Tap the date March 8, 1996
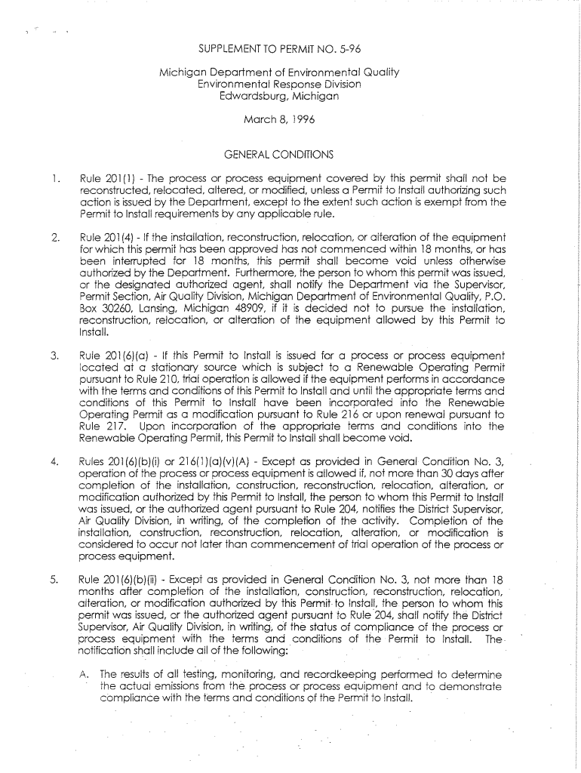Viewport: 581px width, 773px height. tap(279, 119)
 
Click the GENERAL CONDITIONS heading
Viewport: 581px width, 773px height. tap(278, 155)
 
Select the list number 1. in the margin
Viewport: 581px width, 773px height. tap(54, 179)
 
